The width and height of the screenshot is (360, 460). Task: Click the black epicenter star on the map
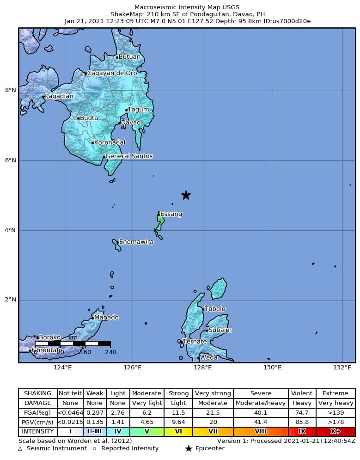click(186, 195)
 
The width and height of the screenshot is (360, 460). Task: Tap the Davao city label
click(131, 123)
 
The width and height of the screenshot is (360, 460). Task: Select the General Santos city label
click(129, 156)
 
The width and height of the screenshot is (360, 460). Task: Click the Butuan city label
click(129, 57)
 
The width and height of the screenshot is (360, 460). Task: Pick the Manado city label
click(106, 318)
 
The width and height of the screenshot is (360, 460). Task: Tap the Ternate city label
click(195, 342)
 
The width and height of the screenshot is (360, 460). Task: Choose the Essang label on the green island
click(171, 215)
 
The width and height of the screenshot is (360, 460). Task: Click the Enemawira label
click(136, 242)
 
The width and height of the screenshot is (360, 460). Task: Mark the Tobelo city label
click(215, 309)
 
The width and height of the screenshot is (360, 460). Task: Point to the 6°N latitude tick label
click(11, 160)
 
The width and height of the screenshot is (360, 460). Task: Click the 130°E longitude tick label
click(273, 368)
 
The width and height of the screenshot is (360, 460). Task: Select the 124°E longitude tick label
click(63, 368)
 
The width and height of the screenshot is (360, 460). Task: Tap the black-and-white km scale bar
click(73, 343)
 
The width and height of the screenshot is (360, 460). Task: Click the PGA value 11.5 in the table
click(178, 412)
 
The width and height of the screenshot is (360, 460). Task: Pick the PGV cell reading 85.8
click(302, 422)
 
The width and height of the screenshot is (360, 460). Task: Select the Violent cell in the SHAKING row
click(302, 393)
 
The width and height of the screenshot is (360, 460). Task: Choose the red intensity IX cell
click(302, 432)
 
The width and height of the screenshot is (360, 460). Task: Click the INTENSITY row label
click(38, 432)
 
